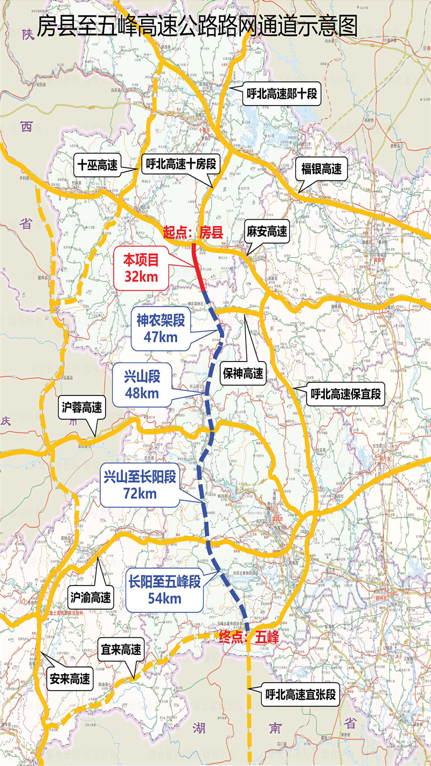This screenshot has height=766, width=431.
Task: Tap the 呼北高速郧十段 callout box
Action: pyautogui.click(x=281, y=95)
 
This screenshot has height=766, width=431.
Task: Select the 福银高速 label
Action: pyautogui.click(x=321, y=169)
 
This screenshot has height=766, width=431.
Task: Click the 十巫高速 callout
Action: pyautogui.click(x=98, y=164)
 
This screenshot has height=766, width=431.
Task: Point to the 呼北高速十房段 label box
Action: pyautogui.click(x=181, y=164)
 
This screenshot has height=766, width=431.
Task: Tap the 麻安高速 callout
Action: pyautogui.click(x=267, y=232)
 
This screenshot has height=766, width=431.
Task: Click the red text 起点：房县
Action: pyautogui.click(x=193, y=232)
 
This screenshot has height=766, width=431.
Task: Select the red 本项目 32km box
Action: pyautogui.click(x=141, y=268)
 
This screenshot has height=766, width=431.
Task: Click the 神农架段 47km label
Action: pyautogui.click(x=161, y=329)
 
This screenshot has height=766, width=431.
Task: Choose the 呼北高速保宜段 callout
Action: pyautogui.click(x=346, y=394)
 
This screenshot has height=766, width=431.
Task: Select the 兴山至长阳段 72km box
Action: pyautogui.click(x=140, y=484)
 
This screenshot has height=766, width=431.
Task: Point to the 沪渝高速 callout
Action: pyautogui.click(x=91, y=597)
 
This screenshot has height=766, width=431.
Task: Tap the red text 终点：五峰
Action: pyautogui.click(x=249, y=637)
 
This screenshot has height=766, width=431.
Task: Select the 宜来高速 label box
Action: pyautogui.click(x=121, y=650)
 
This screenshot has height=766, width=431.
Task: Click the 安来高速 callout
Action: pyautogui.click(x=69, y=679)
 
